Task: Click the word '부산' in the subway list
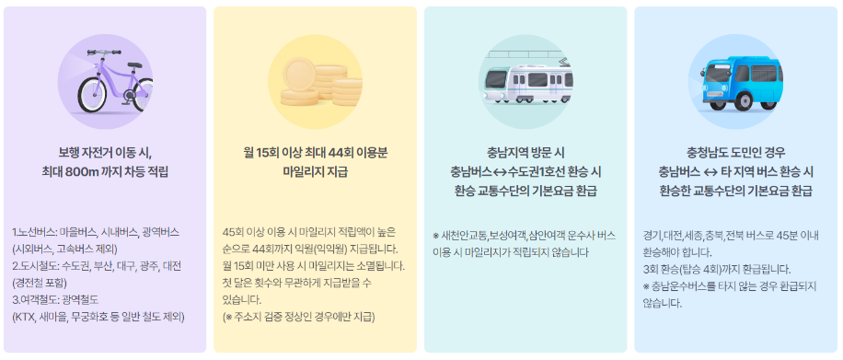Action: (104, 266)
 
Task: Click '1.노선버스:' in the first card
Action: (35, 232)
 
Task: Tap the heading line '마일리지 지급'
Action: (315, 171)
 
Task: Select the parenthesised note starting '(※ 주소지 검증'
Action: (299, 317)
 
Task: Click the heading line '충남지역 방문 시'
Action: (525, 152)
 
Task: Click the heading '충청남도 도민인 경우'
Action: (736, 152)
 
